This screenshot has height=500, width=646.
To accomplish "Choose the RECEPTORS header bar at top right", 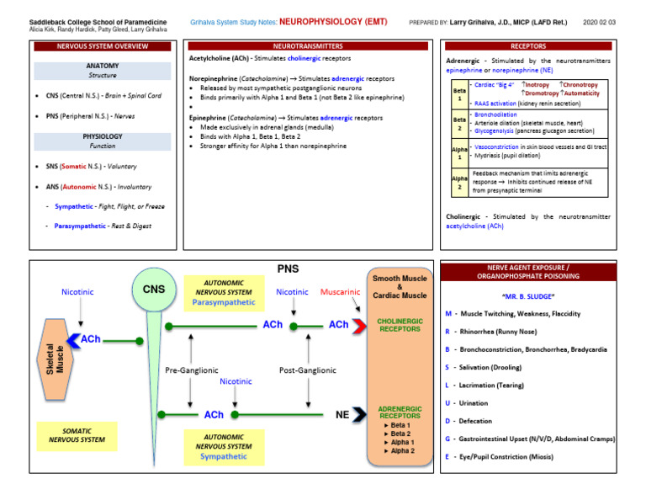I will click(528, 46).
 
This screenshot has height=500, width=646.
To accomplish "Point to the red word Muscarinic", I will click(340, 292).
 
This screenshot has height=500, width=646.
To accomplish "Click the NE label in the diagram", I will click(342, 414).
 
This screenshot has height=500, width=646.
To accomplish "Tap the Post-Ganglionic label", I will click(307, 370).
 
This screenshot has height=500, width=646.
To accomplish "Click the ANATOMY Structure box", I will click(102, 70).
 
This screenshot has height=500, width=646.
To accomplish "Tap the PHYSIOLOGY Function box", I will click(102, 141).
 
